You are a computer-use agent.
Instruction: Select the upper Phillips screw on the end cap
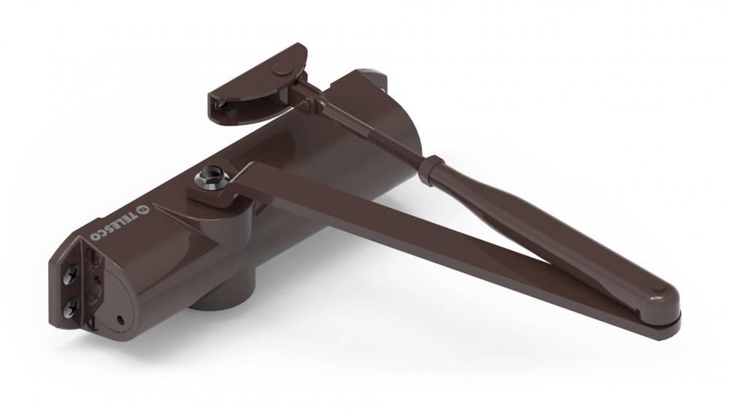click(72, 275)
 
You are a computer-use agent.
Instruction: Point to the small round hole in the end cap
click(120, 320)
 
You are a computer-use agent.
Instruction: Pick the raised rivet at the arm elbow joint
click(658, 287)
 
